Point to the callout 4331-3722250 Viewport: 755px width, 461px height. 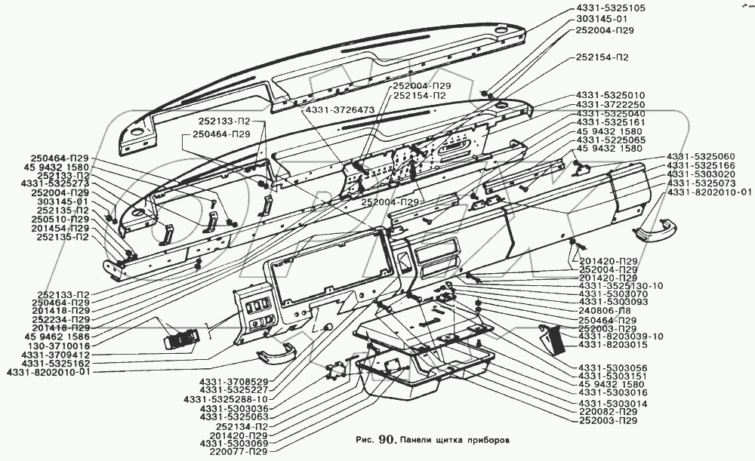coord(609,104)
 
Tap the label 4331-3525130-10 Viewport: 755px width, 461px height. coord(620,286)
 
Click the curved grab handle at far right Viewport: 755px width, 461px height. coord(655,226)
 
